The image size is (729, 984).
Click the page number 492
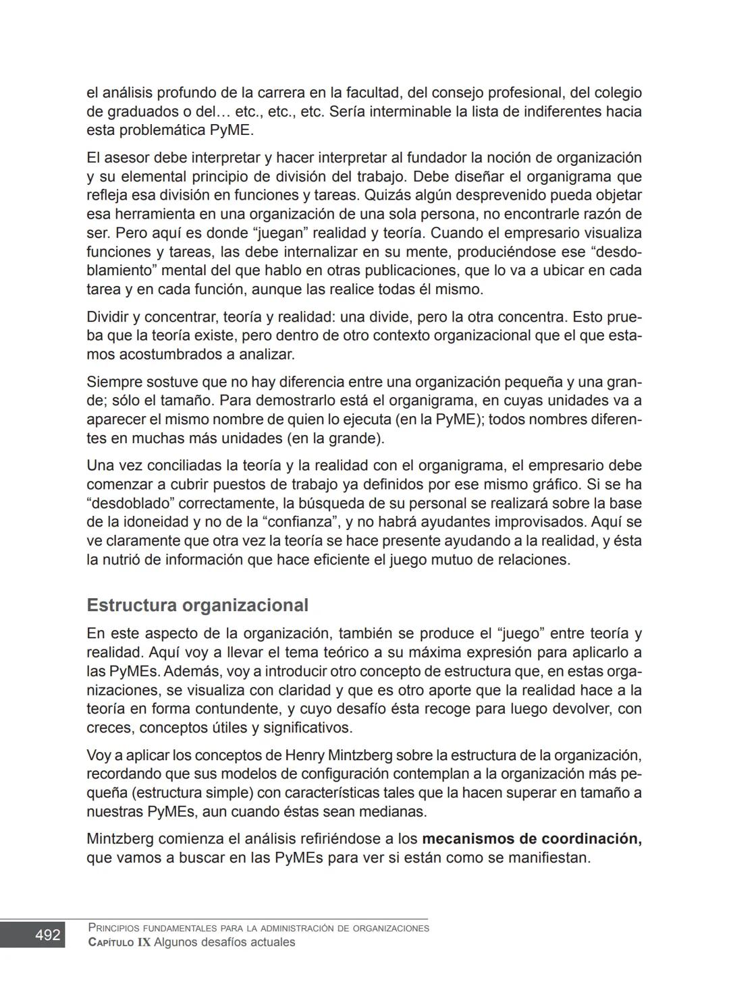(47, 935)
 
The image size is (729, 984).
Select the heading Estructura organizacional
(197, 605)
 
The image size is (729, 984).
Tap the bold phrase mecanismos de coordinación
(531, 838)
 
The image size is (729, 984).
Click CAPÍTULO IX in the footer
(119, 942)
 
